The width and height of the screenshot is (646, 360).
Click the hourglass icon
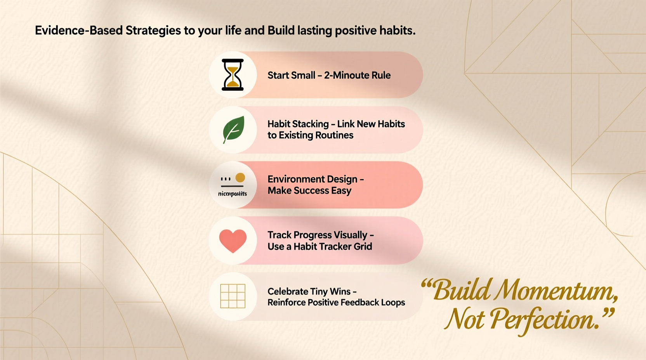233,74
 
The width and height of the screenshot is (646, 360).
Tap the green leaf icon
233,129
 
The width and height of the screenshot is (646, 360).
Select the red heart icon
233,241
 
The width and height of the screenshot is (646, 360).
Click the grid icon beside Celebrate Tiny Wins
233,296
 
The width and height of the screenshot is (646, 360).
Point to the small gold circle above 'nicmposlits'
240,178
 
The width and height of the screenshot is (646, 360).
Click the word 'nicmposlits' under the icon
233,194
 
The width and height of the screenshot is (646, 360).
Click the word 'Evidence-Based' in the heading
79,31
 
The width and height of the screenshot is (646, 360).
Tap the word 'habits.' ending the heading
397,31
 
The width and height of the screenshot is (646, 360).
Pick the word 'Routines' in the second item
334,135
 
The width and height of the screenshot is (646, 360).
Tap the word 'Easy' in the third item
341,190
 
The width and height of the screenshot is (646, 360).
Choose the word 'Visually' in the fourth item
351,235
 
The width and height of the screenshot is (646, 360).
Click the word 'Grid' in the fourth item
363,247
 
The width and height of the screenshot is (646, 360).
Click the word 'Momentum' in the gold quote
556,291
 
